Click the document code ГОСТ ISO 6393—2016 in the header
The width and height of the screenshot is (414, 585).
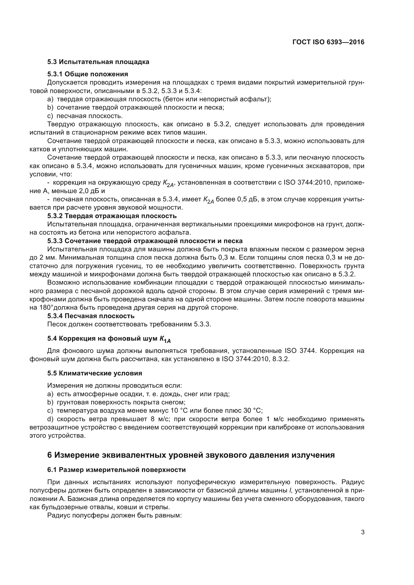(x=328, y=42)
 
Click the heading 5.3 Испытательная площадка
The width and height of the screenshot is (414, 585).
(x=98, y=62)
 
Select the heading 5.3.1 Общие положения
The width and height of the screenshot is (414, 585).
(x=87, y=74)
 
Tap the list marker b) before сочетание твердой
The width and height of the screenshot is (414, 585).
(x=50, y=108)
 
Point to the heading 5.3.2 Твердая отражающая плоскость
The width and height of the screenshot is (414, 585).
(x=112, y=216)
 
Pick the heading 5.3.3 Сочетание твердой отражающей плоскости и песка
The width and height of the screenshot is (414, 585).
(x=145, y=241)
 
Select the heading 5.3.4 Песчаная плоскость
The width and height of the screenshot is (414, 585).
(x=91, y=316)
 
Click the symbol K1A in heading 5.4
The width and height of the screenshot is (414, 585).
(x=165, y=339)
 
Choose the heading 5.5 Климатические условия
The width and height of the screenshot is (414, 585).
(x=95, y=373)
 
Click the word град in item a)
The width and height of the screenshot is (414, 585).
(x=222, y=394)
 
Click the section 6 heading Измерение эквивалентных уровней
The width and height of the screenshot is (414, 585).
(x=191, y=455)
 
